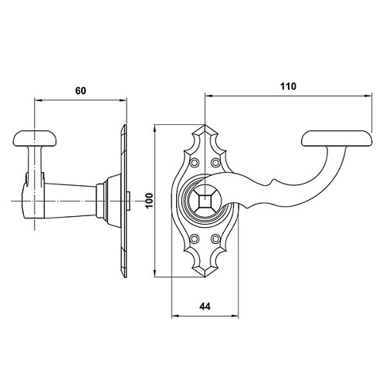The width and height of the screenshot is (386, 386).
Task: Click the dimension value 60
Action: tap(80, 90)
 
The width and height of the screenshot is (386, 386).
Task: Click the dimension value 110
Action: tap(288, 86)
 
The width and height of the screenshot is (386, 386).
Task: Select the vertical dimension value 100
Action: tap(149, 201)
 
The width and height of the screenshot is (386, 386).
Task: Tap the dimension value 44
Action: tap(205, 306)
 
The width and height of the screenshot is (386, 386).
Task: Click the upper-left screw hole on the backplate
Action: tap(195, 162)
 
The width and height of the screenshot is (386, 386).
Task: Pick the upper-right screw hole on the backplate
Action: tap(215, 162)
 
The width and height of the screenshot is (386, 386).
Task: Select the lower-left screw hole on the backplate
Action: tap(195, 239)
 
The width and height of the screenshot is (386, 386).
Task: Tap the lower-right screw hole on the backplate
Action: tap(215, 239)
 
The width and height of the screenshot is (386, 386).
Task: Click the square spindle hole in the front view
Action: tap(205, 201)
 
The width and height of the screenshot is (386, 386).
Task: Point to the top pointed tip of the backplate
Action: tap(205, 125)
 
